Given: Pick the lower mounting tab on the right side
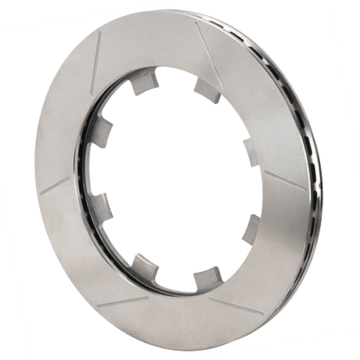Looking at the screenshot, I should tap(252, 229).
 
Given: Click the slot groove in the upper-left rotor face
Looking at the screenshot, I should tap(96, 63).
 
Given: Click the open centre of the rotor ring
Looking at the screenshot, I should tap(175, 180).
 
